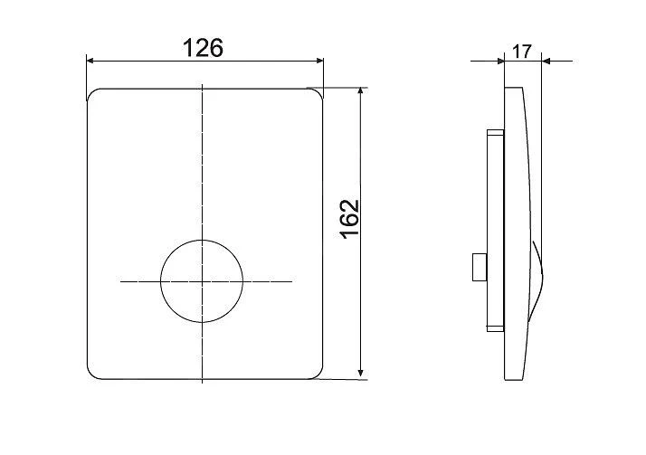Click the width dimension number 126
[204, 48]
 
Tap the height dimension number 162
[349, 219]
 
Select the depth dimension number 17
[522, 52]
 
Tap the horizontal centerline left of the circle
[139, 282]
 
